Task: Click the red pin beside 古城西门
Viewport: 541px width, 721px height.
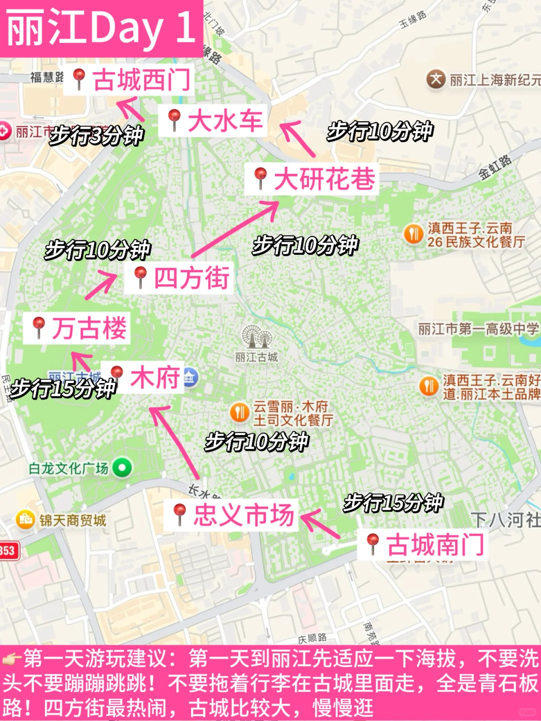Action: click(79, 78)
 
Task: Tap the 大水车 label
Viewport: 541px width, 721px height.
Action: click(225, 121)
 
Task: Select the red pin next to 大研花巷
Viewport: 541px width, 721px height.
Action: click(260, 177)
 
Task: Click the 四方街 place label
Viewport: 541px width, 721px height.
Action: click(191, 278)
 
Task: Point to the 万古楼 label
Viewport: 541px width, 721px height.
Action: click(89, 328)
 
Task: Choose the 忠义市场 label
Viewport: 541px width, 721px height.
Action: click(243, 515)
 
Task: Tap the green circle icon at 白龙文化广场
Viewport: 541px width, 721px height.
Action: click(122, 468)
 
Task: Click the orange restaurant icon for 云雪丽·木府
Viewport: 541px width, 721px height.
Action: click(239, 413)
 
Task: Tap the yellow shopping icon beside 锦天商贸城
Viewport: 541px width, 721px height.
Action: click(25, 520)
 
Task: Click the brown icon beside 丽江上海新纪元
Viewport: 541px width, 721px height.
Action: click(436, 79)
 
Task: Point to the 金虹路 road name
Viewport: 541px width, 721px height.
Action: click(495, 167)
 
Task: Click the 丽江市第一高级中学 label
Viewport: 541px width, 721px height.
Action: click(478, 329)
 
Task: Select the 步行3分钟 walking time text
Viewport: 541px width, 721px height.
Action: click(97, 135)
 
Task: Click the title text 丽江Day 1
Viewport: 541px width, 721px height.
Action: click(101, 28)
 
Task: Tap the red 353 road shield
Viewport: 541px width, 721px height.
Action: click(8, 551)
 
